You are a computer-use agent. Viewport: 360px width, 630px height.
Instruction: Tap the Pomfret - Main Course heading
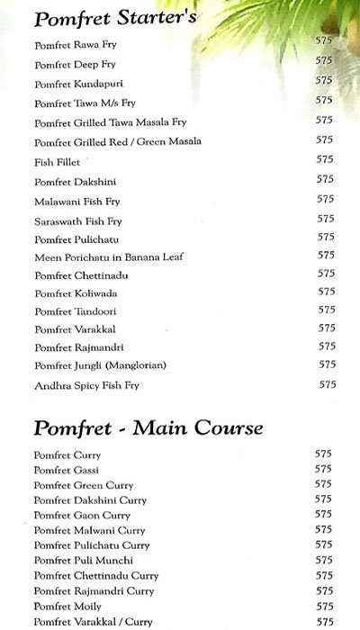tap(148, 427)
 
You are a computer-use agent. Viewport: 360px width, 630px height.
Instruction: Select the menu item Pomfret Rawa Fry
tap(76, 45)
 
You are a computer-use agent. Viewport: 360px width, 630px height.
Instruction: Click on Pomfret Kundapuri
tap(77, 84)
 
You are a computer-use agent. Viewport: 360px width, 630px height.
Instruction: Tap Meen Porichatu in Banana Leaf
tap(109, 256)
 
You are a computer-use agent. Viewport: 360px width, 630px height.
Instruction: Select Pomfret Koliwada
tap(76, 293)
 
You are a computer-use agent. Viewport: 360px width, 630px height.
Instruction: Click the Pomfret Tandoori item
tap(76, 311)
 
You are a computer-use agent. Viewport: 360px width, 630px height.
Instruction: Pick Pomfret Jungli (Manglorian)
tap(101, 364)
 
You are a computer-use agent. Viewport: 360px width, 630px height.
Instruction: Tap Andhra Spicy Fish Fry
tap(88, 386)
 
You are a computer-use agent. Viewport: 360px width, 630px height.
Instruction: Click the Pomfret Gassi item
tap(66, 471)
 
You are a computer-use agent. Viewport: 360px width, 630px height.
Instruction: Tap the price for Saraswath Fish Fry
tap(326, 219)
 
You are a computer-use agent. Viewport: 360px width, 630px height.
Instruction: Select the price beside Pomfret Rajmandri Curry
tap(324, 589)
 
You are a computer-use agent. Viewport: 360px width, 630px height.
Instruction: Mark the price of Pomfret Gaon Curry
tap(324, 514)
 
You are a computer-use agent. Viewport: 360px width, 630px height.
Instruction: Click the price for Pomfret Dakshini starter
tap(326, 180)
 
